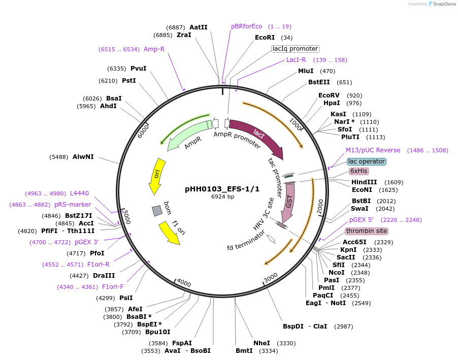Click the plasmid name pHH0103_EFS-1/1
[222, 189]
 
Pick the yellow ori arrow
[155, 175]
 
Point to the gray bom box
[157, 210]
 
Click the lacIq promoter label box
[295, 49]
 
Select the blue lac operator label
[367, 161]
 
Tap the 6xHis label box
[359, 171]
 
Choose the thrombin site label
[367, 231]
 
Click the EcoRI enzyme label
[265, 38]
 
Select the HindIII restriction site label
[364, 182]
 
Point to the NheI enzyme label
[261, 343]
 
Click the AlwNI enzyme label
[83, 157]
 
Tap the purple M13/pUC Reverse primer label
[373, 150]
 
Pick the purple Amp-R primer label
[154, 49]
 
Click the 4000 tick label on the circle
[184, 283]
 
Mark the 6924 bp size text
[222, 197]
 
